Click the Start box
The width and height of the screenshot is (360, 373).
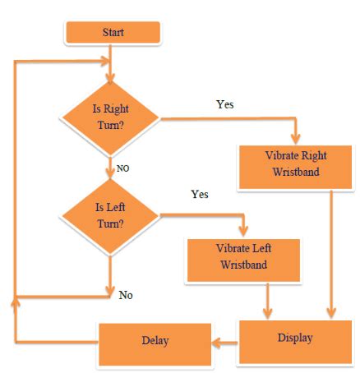112,32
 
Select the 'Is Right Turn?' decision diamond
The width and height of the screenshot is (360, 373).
111,119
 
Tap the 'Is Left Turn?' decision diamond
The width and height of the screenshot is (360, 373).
110,218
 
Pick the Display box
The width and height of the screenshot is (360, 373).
293,338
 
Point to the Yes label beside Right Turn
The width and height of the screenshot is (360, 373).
224,104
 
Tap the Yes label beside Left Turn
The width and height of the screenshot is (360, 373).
199,195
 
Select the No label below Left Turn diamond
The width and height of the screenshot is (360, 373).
126,293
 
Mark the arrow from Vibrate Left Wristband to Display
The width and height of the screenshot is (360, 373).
265,299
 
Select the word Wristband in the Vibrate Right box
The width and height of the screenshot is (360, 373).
288,173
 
